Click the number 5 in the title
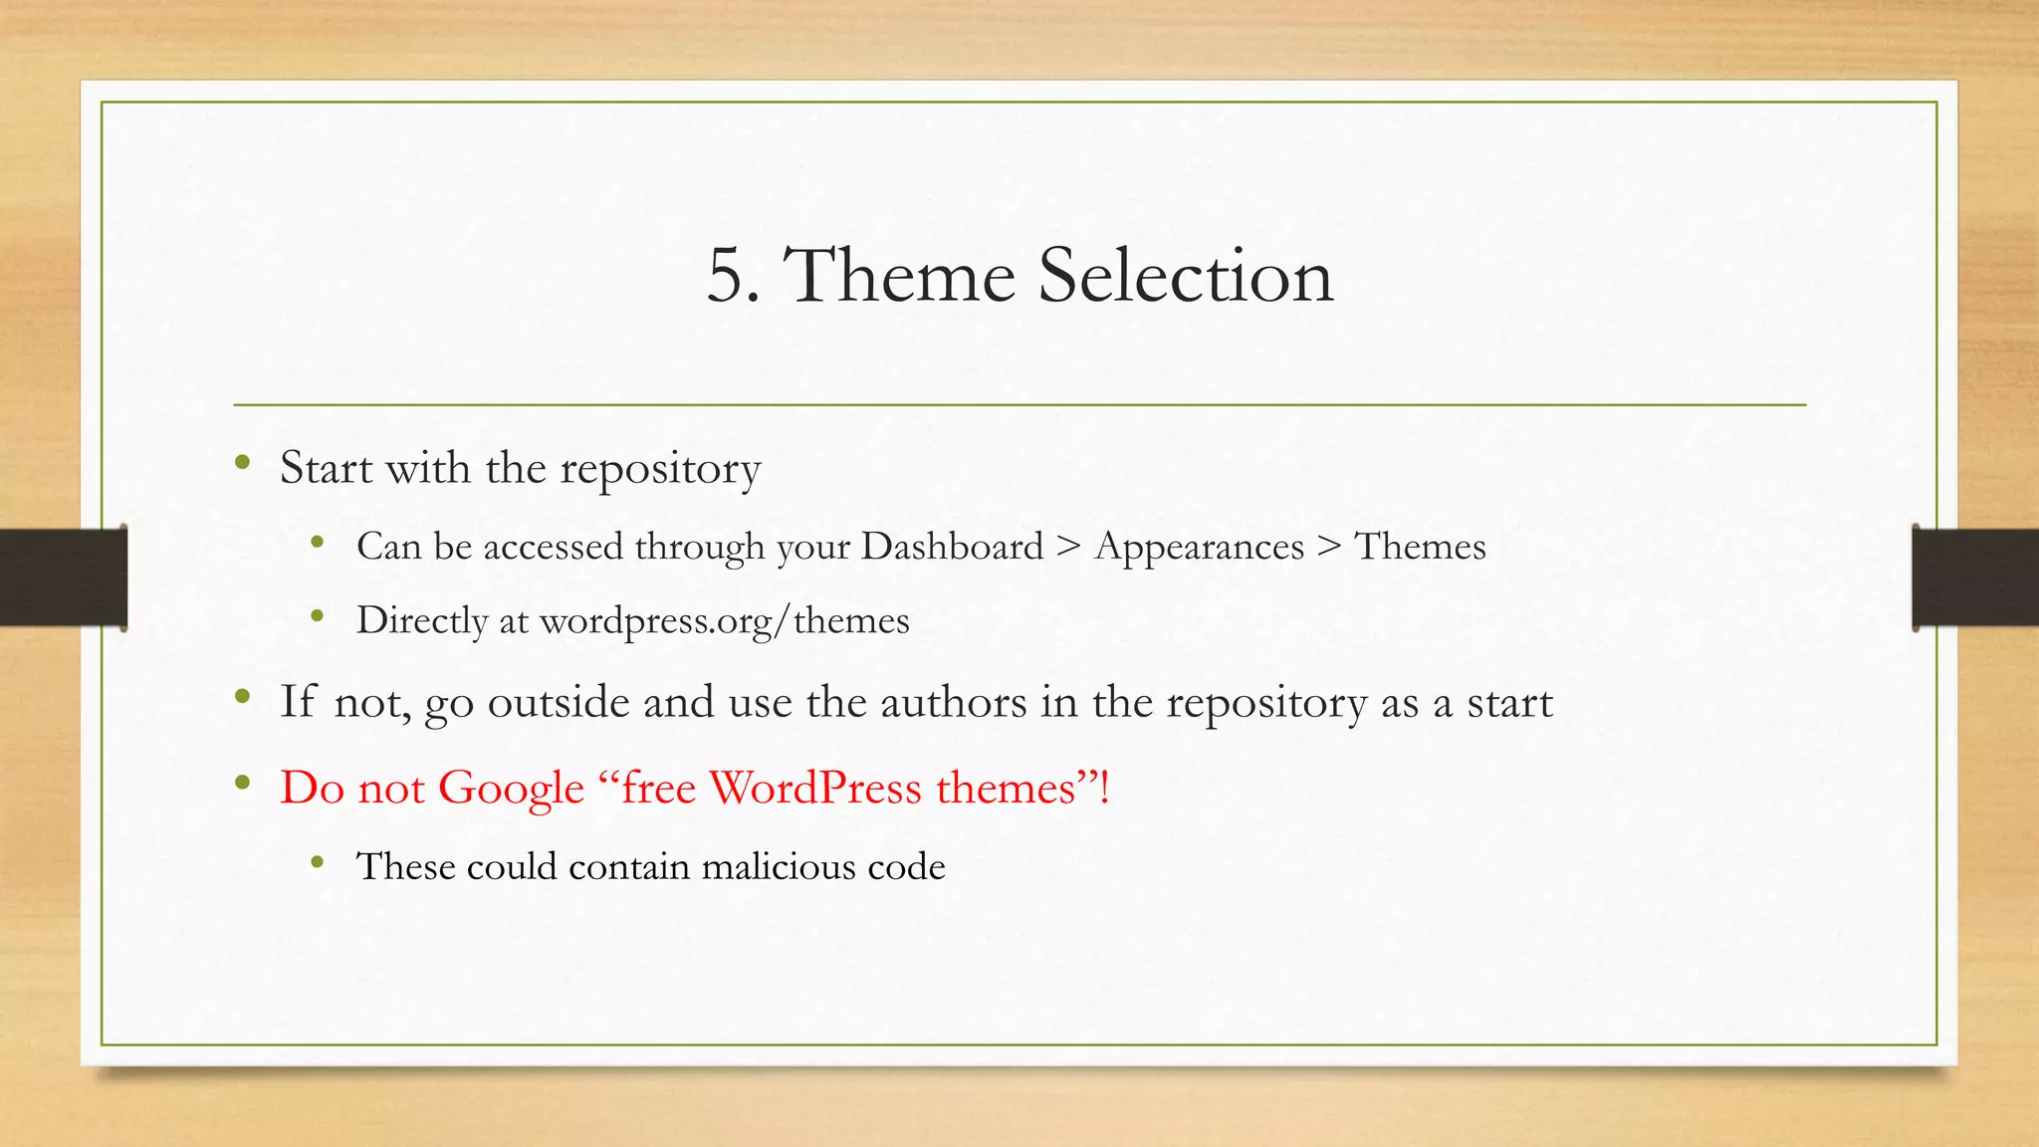pyautogui.click(x=726, y=276)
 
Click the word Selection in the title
pyautogui.click(x=1185, y=276)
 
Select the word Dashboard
pyautogui.click(x=952, y=547)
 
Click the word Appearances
pyautogui.click(x=1199, y=547)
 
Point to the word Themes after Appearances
pyautogui.click(x=1420, y=547)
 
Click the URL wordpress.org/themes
pyautogui.click(x=724, y=621)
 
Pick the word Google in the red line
pyautogui.click(x=511, y=789)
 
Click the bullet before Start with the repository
pyautogui.click(x=242, y=462)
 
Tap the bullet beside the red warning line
pyautogui.click(x=242, y=784)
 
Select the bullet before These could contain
pyautogui.click(x=318, y=861)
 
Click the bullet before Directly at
pyautogui.click(x=318, y=616)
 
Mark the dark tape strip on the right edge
pyautogui.click(x=1975, y=577)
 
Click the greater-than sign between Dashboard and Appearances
pyautogui.click(x=1068, y=547)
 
